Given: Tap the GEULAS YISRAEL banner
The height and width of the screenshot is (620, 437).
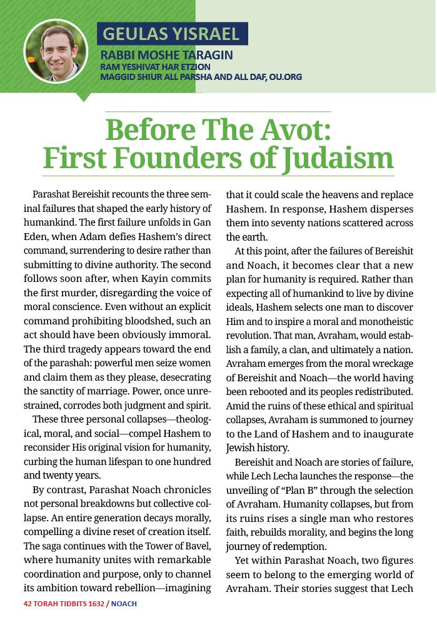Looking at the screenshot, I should point(172,34).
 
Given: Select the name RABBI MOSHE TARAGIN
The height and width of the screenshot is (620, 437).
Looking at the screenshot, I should point(166,55).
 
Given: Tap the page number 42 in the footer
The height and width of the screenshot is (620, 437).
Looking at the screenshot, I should point(27,604).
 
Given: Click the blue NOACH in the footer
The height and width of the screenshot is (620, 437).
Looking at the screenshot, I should point(124,604).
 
